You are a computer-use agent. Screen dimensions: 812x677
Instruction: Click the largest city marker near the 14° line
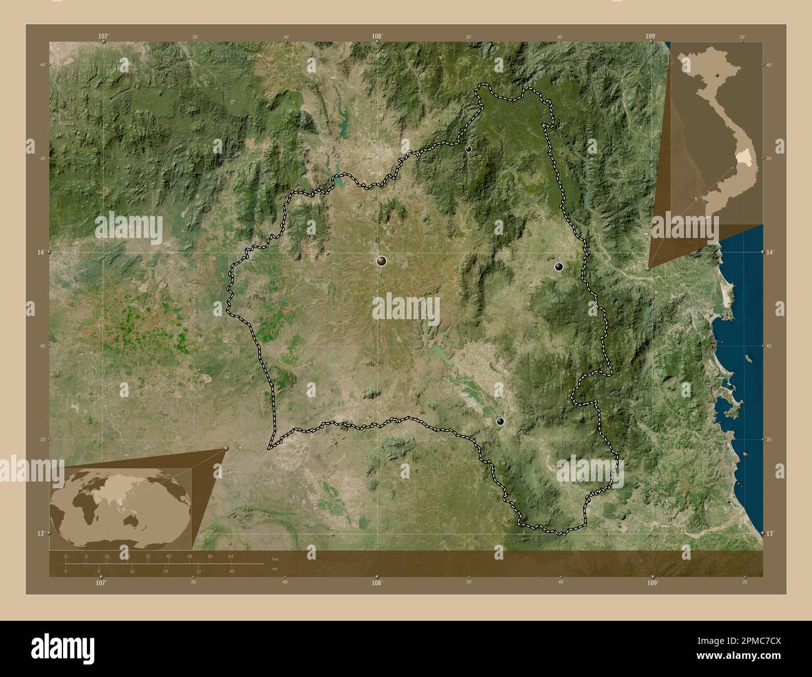(x=381, y=260)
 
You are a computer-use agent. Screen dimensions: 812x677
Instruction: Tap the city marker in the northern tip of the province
(x=468, y=149)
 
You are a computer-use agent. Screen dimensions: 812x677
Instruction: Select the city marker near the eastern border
(x=558, y=267)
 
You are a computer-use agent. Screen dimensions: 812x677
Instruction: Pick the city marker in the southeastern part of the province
(x=500, y=421)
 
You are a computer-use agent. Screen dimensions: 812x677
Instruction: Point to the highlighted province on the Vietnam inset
(x=744, y=161)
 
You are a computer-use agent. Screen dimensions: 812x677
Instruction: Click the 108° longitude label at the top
(x=377, y=37)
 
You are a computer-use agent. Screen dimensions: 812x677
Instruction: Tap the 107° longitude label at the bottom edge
(x=101, y=582)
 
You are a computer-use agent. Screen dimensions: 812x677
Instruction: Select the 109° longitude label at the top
(x=650, y=37)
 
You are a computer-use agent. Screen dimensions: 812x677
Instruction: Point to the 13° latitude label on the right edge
(x=770, y=533)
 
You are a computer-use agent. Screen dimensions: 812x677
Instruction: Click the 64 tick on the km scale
(x=230, y=556)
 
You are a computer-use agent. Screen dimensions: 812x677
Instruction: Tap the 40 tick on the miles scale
(x=231, y=571)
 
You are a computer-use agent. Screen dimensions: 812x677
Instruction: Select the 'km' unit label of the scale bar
(x=275, y=558)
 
